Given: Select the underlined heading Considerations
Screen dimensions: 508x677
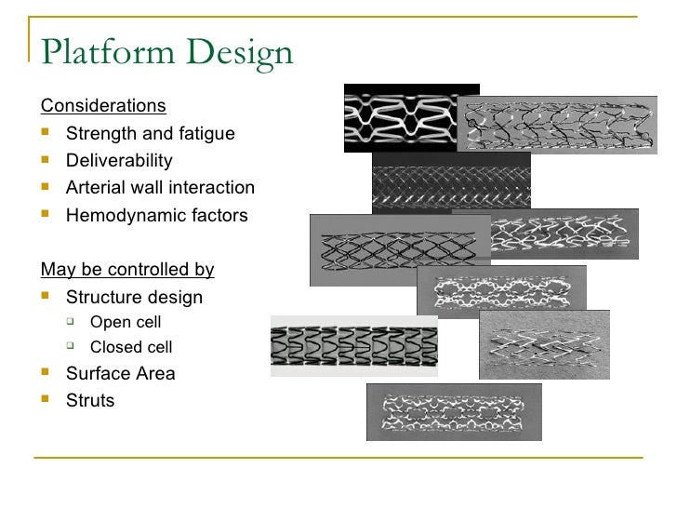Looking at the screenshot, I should tap(103, 105).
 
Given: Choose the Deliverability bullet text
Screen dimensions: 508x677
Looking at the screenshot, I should tap(119, 160).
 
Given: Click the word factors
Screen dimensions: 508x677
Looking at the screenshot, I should tap(218, 215).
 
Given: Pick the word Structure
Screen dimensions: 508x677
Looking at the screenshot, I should tap(101, 298).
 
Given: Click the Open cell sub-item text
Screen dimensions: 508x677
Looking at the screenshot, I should tap(126, 322).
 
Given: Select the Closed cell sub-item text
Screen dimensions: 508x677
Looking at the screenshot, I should tap(131, 347).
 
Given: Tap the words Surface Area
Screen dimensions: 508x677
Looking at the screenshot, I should tap(120, 373).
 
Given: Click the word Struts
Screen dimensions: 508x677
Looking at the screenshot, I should tap(90, 400).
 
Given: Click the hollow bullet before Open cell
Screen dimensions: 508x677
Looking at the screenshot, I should tap(71, 322).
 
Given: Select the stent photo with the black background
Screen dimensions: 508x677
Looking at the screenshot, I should tap(411, 118).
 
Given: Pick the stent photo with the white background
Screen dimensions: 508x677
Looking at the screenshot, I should tap(353, 345).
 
